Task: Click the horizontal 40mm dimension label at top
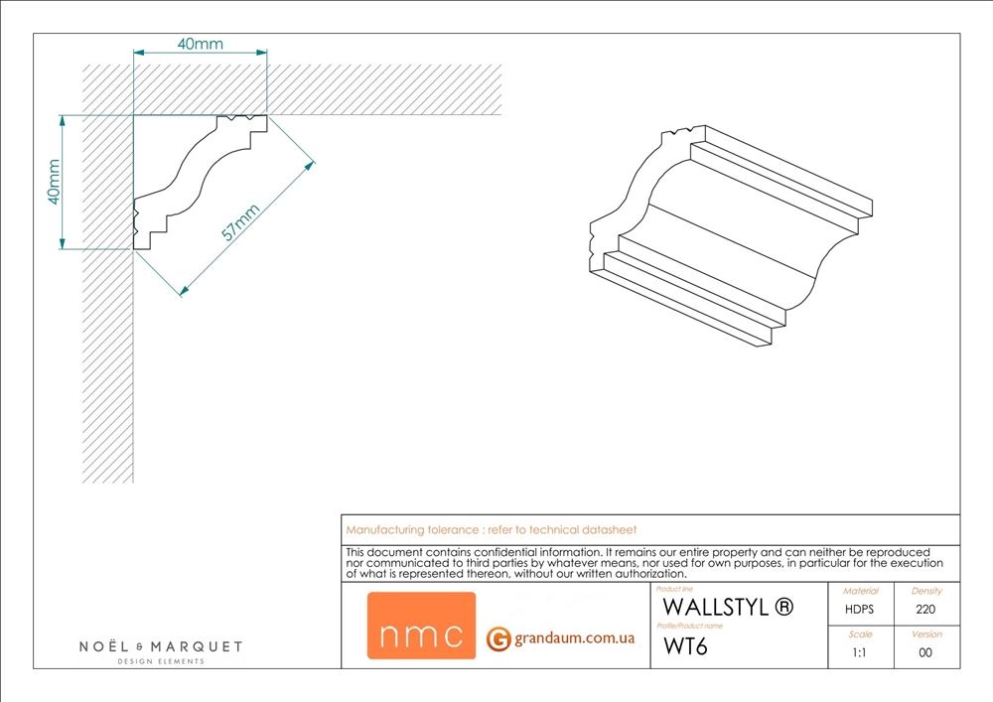coord(200,44)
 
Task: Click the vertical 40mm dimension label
coord(55,182)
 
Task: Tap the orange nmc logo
coord(421,626)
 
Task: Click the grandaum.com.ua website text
coord(574,638)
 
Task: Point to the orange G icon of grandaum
coord(498,639)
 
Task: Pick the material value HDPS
coord(860,610)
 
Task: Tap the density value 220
coord(925,610)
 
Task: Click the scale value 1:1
coord(860,653)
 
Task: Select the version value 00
coord(925,653)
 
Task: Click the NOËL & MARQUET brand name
coord(161,646)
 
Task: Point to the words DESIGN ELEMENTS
coord(161,661)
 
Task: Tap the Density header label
coord(925,591)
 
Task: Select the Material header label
coord(860,591)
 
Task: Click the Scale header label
coord(860,633)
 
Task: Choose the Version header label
coord(925,633)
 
